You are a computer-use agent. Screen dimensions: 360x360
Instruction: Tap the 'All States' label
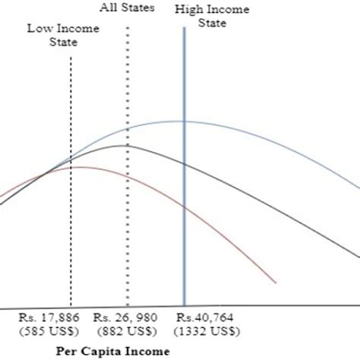tap(127, 8)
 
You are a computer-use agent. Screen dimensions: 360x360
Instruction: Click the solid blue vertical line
tap(184, 228)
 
